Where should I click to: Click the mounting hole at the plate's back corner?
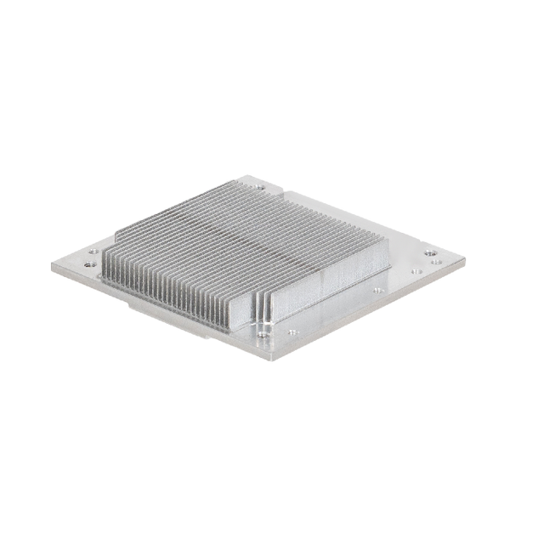click(259, 187)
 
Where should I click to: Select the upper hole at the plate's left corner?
click(93, 252)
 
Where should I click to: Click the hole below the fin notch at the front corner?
click(263, 335)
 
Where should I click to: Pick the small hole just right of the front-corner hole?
click(292, 331)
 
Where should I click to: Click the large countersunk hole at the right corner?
click(430, 252)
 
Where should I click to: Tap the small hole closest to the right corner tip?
click(437, 262)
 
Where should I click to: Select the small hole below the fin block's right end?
click(377, 290)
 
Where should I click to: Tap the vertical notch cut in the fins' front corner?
click(263, 310)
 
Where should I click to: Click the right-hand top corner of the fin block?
click(387, 241)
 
